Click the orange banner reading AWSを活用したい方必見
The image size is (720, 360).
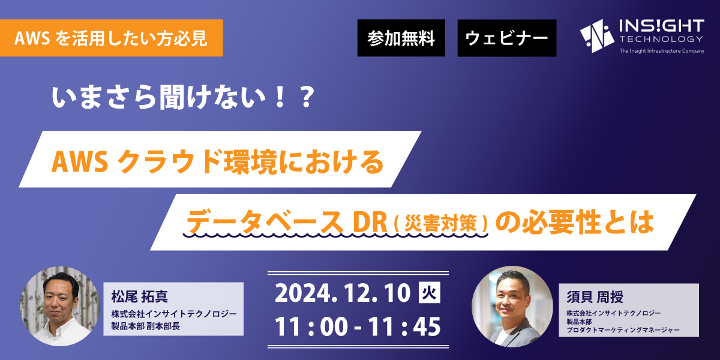(x=111, y=38)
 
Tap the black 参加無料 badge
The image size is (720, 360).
(x=401, y=38)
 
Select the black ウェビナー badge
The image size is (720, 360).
(x=507, y=38)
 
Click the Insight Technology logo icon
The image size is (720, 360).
(x=597, y=35)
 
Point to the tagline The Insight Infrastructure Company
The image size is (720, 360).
(x=662, y=51)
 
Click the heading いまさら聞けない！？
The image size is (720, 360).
(x=182, y=97)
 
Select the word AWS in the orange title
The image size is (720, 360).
(x=80, y=161)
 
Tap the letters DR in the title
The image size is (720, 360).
(x=370, y=222)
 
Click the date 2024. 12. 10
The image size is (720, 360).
(x=343, y=293)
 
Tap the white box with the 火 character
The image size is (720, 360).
(x=430, y=293)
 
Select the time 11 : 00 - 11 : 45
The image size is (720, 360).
(x=358, y=326)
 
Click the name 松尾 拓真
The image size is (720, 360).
(x=139, y=296)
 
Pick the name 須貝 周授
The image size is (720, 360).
(x=595, y=297)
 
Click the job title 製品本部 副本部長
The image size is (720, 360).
(x=146, y=326)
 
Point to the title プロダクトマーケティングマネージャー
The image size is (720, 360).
(x=623, y=330)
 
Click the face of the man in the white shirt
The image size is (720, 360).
(x=60, y=298)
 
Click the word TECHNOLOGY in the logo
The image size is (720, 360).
(x=661, y=39)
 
